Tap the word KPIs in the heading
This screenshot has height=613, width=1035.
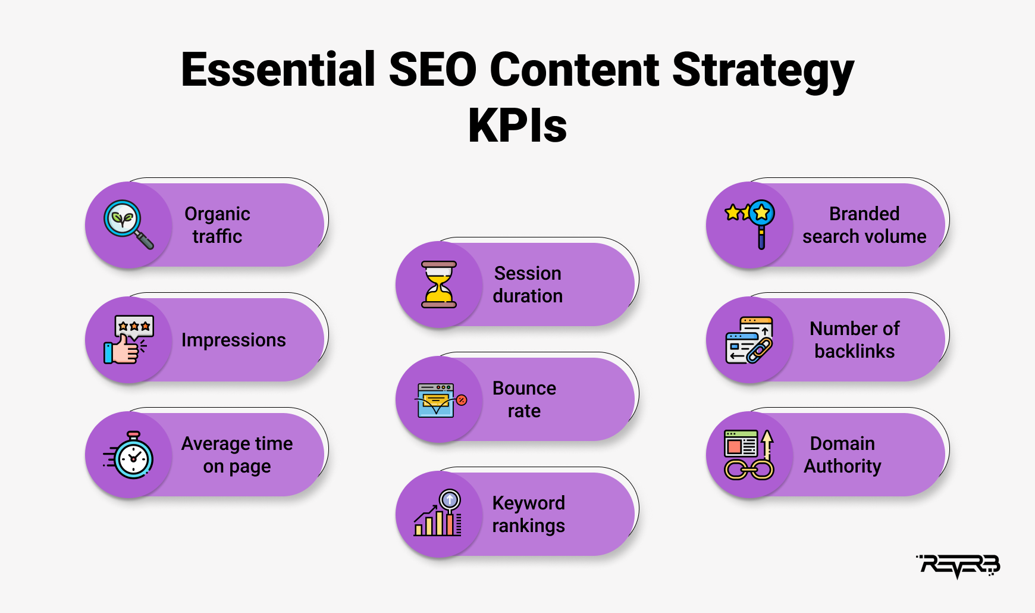tap(517, 126)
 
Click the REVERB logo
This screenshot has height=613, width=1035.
tap(958, 566)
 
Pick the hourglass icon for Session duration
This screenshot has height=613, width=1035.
tap(439, 284)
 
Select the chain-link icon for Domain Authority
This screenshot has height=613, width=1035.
tap(749, 455)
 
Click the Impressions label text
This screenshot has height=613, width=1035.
tap(234, 340)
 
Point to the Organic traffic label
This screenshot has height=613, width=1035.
tap(218, 225)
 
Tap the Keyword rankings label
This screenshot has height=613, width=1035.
tap(529, 514)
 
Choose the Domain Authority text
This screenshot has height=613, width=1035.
tap(843, 455)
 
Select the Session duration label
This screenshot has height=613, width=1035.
tap(528, 284)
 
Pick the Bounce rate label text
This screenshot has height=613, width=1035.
tap(525, 399)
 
